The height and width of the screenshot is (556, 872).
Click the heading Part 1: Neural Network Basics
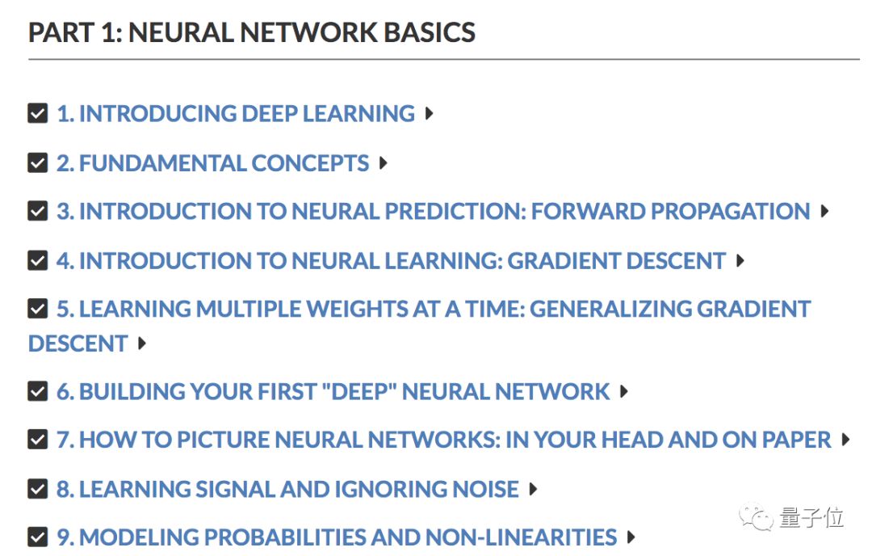point(252,32)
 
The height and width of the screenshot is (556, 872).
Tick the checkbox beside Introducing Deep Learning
point(38,113)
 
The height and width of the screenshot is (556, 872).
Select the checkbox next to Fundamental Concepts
point(38,162)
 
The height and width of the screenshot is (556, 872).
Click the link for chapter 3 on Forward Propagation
point(433,212)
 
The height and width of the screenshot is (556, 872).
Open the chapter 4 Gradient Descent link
point(391,261)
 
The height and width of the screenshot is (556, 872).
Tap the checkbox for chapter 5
point(38,309)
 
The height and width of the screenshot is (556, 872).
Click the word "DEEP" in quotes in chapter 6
point(358,392)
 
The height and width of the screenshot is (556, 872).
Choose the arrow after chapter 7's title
point(845,440)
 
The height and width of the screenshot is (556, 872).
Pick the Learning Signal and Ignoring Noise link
point(287,489)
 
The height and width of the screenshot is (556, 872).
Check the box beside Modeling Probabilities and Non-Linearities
point(38,537)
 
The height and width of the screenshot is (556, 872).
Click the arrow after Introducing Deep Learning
point(429,113)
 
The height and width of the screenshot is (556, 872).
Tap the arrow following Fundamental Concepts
point(383,162)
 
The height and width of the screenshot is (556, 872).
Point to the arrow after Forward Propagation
point(824,212)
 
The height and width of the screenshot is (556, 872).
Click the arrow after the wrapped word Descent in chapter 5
point(142,343)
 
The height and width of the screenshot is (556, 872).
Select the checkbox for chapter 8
point(38,489)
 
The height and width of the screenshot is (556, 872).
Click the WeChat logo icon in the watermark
point(758,517)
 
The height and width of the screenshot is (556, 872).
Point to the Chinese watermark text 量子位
point(811,517)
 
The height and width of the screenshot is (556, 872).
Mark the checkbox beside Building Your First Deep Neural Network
point(38,392)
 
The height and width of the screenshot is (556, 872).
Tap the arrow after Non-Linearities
point(631,537)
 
